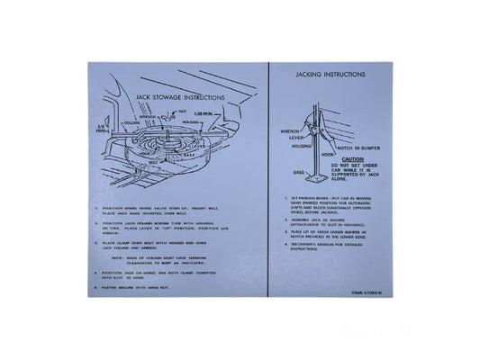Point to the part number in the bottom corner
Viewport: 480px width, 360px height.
(x=366, y=286)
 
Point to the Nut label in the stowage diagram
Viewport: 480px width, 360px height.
(x=182, y=112)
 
